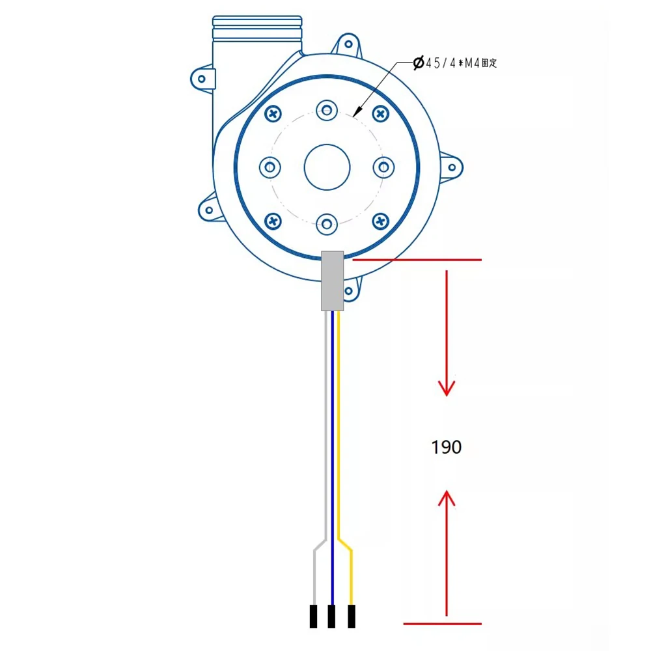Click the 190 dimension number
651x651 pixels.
[x=447, y=447]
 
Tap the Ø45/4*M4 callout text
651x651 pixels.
[x=455, y=63]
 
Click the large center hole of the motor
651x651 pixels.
[x=327, y=167]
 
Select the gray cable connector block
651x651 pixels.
[x=333, y=281]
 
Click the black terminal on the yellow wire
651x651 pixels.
[x=352, y=616]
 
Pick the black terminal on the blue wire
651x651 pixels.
[x=331, y=616]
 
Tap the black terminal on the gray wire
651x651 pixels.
[x=314, y=616]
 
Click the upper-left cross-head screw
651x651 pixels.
[x=273, y=114]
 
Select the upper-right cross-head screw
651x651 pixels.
[x=381, y=114]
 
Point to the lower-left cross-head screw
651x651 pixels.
[x=273, y=221]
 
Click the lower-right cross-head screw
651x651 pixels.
[x=381, y=221]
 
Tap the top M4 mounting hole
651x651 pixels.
[x=327, y=111]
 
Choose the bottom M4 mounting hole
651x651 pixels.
[x=327, y=225]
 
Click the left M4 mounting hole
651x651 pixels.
[x=270, y=167]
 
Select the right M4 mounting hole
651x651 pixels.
[x=383, y=167]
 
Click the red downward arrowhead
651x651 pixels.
[x=447, y=388]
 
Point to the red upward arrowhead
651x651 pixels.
[x=447, y=498]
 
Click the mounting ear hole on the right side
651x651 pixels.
[x=452, y=168]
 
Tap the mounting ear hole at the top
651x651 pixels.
[x=349, y=44]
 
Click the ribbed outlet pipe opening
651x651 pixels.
[x=257, y=28]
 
